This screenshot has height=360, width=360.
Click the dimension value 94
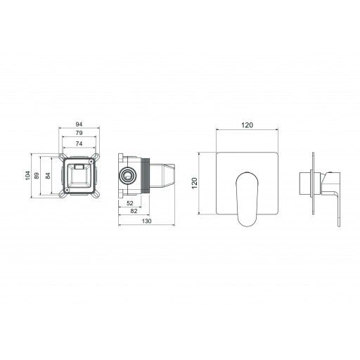79,124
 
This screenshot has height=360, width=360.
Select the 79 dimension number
79,133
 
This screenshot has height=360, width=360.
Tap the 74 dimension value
79,143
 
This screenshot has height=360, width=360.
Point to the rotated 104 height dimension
28,176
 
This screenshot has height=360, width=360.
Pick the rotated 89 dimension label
37,176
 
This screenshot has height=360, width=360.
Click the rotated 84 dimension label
48,176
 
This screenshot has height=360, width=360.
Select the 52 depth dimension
130,203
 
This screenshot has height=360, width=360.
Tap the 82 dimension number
134,211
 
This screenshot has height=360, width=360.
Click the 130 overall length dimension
147,221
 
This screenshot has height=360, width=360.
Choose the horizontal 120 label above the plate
247,125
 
